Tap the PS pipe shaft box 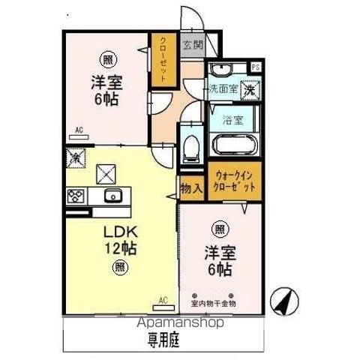[256, 67]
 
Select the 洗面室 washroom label [223, 88]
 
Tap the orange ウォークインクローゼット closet [235, 181]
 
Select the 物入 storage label [190, 189]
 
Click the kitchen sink [113, 197]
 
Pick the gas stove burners [76, 196]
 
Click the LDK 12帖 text [120, 238]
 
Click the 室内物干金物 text [214, 304]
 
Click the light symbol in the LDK [119, 266]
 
